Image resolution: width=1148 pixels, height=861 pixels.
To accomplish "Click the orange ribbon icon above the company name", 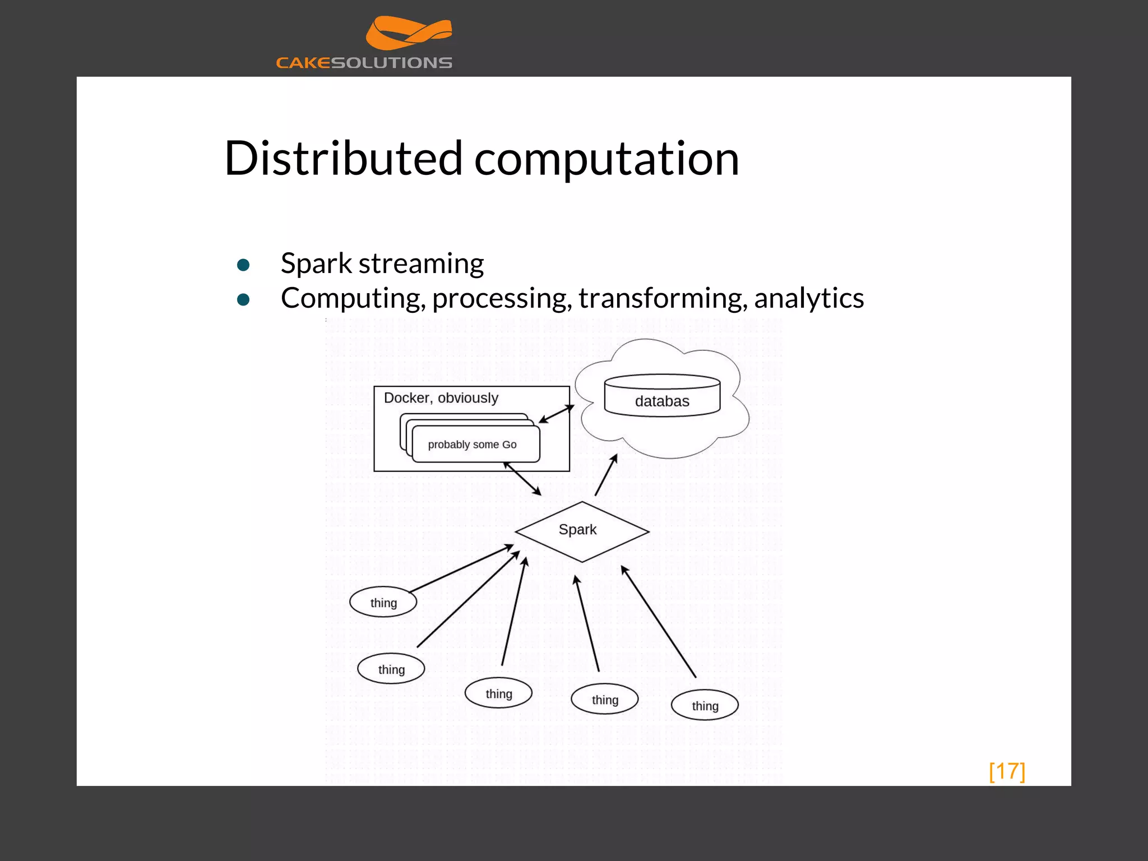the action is coord(408,33).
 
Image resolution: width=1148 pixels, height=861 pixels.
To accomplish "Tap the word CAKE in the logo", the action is coord(303,63).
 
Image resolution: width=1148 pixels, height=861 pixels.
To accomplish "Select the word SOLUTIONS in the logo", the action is coord(391,63).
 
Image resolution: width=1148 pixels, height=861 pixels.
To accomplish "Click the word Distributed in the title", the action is coord(343,159).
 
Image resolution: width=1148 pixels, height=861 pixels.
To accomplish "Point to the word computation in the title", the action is coord(607,160).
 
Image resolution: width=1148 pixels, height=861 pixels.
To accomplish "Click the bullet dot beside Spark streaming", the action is coord(243,265).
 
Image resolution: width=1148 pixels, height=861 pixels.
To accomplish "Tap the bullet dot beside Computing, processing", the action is coord(243,300).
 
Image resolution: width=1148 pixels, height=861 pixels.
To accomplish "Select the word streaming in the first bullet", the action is coord(421,263).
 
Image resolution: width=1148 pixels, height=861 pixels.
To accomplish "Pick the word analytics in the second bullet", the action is coord(808,298).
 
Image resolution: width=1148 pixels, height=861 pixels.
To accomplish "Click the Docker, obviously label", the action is coord(441,398).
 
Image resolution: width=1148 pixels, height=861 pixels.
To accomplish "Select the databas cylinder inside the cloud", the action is coord(662,396).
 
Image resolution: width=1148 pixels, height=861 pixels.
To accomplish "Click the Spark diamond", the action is coord(581,530).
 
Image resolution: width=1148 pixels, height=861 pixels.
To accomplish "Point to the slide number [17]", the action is coord(1007,771).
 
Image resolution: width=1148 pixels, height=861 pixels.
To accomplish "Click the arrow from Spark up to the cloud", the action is coord(606,475).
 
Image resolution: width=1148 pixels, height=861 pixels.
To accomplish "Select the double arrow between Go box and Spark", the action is coord(522,479).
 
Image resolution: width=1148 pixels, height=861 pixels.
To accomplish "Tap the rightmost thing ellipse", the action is coord(705,706).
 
